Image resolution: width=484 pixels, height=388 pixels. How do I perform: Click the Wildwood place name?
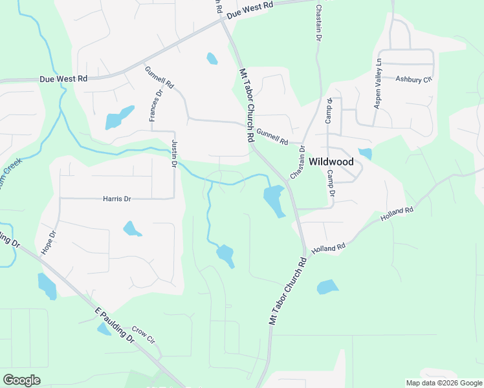331,162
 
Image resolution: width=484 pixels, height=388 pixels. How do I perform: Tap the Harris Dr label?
117,199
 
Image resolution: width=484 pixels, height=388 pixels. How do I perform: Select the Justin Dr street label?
174,153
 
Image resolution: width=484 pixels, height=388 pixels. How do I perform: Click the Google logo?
21,380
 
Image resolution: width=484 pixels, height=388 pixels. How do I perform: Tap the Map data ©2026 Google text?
443,383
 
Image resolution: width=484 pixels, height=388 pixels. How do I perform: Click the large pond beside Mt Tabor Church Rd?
274,200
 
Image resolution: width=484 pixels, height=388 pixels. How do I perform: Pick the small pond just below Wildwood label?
366,154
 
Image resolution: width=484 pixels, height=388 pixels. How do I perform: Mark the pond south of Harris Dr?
132,228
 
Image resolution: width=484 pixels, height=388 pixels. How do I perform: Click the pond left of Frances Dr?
120,118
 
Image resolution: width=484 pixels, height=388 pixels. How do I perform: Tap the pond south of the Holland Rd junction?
327,286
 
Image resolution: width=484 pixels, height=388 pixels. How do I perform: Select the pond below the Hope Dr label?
47,286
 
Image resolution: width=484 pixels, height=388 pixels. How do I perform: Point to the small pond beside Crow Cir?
104,329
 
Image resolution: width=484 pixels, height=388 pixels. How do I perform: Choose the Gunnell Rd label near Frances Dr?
160,77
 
